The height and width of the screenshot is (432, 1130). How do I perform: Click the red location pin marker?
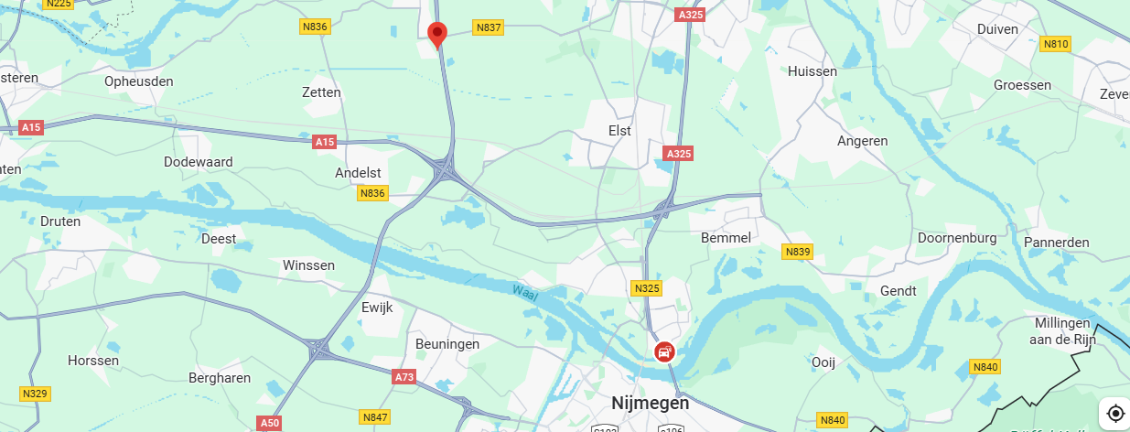point(437,34)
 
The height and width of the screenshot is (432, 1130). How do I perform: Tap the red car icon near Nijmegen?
point(664,351)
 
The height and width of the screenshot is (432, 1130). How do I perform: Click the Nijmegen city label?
point(650,403)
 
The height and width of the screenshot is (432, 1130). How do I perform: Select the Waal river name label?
point(523,292)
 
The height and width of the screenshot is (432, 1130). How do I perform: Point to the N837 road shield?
point(489,28)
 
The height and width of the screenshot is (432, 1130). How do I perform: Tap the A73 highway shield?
point(404,376)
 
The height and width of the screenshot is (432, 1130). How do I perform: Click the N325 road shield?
point(647,288)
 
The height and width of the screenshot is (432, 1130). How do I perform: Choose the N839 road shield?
point(798,251)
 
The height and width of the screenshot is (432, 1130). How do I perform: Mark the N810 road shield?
point(1055,43)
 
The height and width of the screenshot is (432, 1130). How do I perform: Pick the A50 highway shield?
point(269,423)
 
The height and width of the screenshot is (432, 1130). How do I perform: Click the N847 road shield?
point(375,416)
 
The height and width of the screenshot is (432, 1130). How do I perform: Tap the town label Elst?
point(620,131)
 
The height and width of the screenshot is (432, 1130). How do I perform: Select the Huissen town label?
point(812,70)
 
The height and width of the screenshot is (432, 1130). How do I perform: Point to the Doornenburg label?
point(957,238)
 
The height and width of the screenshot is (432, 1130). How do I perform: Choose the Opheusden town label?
point(139,81)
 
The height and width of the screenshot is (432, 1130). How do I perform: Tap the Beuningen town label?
point(447,344)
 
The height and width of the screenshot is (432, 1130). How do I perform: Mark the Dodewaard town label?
point(198,162)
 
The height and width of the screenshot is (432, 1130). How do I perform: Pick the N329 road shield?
point(35,394)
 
